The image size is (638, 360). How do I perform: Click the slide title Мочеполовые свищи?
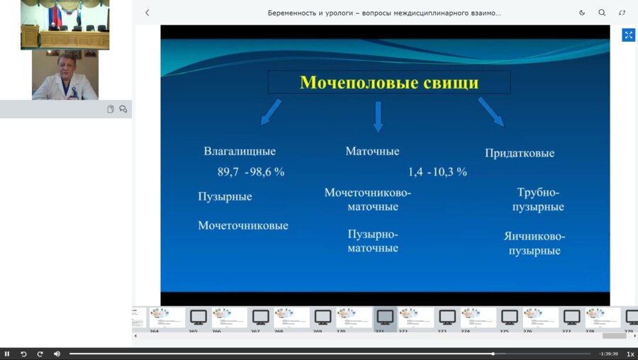[x=388, y=83]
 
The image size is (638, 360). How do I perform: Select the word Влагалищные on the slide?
[x=240, y=151]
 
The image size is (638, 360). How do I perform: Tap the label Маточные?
[x=372, y=151]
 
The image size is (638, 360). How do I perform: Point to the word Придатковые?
[x=520, y=153]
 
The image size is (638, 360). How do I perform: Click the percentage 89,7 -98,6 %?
[x=251, y=171]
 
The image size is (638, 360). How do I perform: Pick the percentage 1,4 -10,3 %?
[x=437, y=171]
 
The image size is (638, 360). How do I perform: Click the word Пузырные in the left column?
[x=225, y=196]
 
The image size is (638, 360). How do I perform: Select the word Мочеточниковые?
[x=243, y=225]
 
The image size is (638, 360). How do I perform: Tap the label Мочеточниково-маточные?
[x=368, y=200]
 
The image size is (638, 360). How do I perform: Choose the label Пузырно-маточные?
[x=373, y=241]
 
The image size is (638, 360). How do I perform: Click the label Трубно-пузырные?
[x=540, y=200]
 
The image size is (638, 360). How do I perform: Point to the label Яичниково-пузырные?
[x=535, y=243]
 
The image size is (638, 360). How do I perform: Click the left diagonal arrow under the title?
[x=271, y=112]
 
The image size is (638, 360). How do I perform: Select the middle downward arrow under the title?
[x=378, y=116]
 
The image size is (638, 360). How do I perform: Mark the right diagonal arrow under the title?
[x=491, y=112]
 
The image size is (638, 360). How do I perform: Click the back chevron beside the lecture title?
[x=147, y=13]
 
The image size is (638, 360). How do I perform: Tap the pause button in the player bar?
[x=7, y=354]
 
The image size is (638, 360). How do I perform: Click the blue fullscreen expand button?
[x=628, y=35]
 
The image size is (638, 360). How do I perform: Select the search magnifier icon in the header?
[x=602, y=13]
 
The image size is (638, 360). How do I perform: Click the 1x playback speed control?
[x=630, y=354]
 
